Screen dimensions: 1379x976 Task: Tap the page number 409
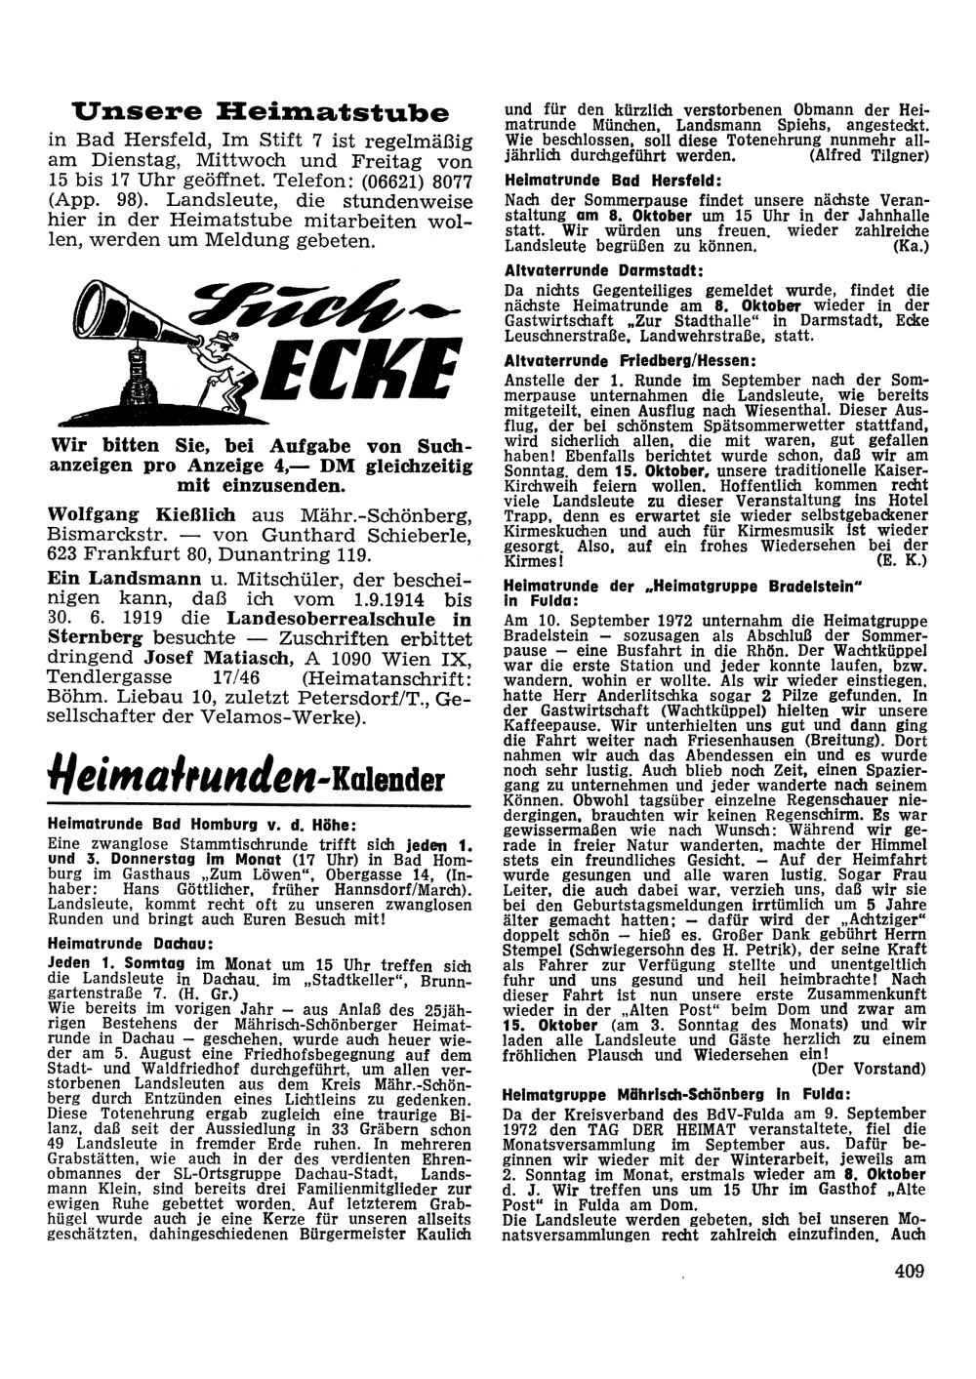[x=907, y=1270]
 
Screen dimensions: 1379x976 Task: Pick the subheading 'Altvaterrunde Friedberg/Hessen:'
[x=624, y=360]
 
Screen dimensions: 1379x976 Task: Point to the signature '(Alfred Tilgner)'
[x=867, y=155]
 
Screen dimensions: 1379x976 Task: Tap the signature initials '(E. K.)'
[x=899, y=561]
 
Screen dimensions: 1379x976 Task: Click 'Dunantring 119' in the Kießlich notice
[x=305, y=554]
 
